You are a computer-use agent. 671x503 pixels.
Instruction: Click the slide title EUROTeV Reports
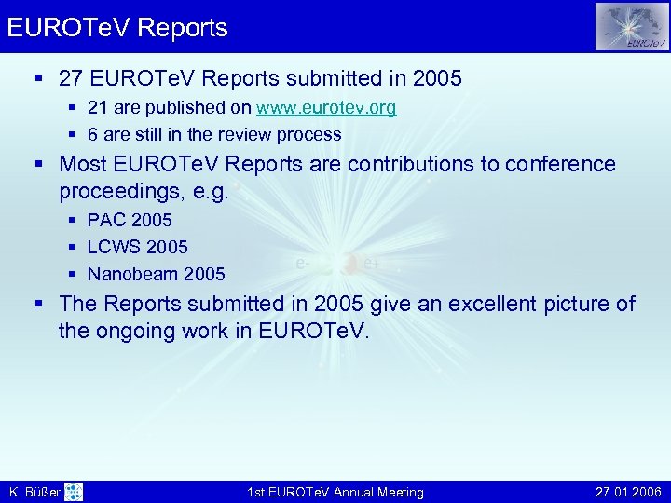point(117,28)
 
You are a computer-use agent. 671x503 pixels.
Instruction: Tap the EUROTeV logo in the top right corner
point(632,26)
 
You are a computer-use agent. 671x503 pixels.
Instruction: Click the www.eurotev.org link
point(327,108)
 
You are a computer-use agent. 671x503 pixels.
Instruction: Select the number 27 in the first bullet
point(72,79)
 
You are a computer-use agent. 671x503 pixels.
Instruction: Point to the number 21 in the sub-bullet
point(97,108)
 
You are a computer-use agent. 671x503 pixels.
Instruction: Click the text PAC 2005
point(130,221)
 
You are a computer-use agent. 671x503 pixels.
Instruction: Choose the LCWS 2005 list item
point(137,247)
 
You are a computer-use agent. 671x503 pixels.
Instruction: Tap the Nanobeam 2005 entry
point(156,274)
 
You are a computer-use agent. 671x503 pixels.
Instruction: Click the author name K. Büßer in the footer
point(34,492)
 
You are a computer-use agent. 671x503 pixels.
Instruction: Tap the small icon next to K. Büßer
point(74,492)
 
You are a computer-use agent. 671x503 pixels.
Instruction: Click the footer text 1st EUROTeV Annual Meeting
point(335,492)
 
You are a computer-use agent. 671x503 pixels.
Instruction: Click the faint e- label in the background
point(302,265)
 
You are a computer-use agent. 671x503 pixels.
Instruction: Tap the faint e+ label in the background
point(371,265)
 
